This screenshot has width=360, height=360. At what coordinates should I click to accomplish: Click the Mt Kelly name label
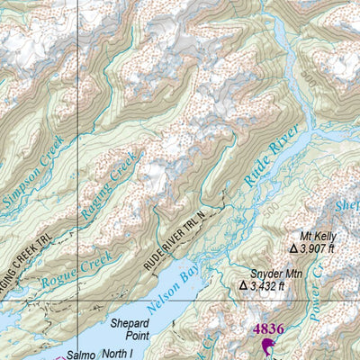pos(314,235)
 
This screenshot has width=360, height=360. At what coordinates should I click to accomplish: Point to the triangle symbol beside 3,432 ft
pos(243,286)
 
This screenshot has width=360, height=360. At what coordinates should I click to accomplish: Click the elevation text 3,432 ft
pos(267,286)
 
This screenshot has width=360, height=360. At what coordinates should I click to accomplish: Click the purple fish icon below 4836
pos(267,347)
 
